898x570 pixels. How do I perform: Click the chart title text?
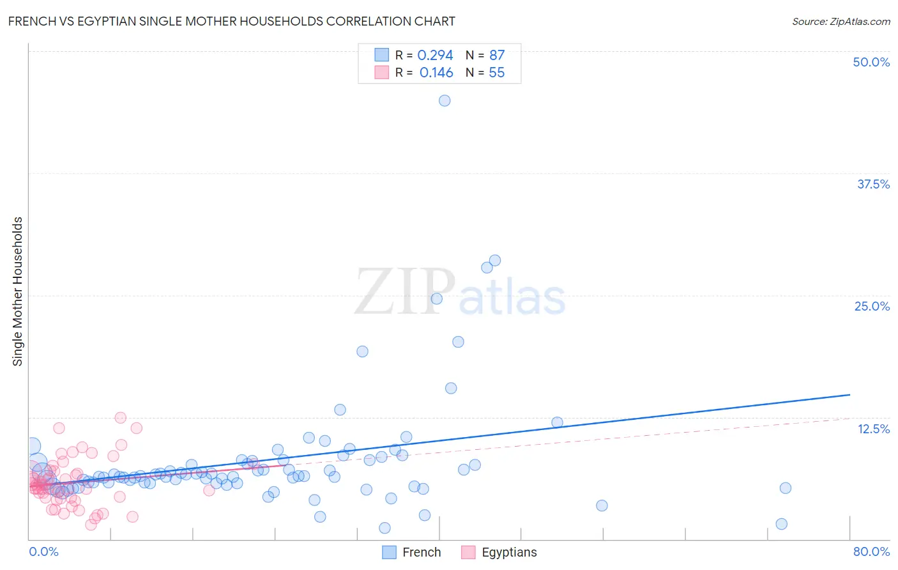[x=231, y=21]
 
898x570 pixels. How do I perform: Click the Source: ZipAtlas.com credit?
[x=841, y=21]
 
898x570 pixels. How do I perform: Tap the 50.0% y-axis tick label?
[x=871, y=62]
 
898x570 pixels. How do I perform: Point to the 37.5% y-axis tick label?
[x=873, y=184]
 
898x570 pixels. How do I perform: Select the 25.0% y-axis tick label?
[x=872, y=306]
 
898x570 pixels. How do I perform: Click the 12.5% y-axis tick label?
[x=873, y=429]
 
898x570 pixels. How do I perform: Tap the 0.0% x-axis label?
[x=43, y=551]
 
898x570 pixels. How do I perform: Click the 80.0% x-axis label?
[x=871, y=551]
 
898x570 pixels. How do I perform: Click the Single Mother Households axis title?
[x=18, y=291]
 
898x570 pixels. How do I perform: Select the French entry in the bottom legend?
[x=421, y=552]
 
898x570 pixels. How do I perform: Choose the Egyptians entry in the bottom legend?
[x=508, y=552]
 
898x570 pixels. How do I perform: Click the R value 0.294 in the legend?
[x=435, y=56]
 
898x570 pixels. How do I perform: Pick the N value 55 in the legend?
[x=496, y=73]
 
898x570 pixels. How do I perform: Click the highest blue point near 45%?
[x=445, y=100]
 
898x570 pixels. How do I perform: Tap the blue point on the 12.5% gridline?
[x=557, y=422]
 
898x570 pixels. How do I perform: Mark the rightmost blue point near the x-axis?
[x=781, y=524]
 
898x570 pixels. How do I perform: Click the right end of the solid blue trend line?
[x=849, y=395]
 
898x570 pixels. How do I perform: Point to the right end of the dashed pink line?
[x=849, y=418]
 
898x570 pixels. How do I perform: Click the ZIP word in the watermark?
[x=404, y=292]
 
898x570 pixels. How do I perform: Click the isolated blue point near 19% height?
[x=362, y=351]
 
